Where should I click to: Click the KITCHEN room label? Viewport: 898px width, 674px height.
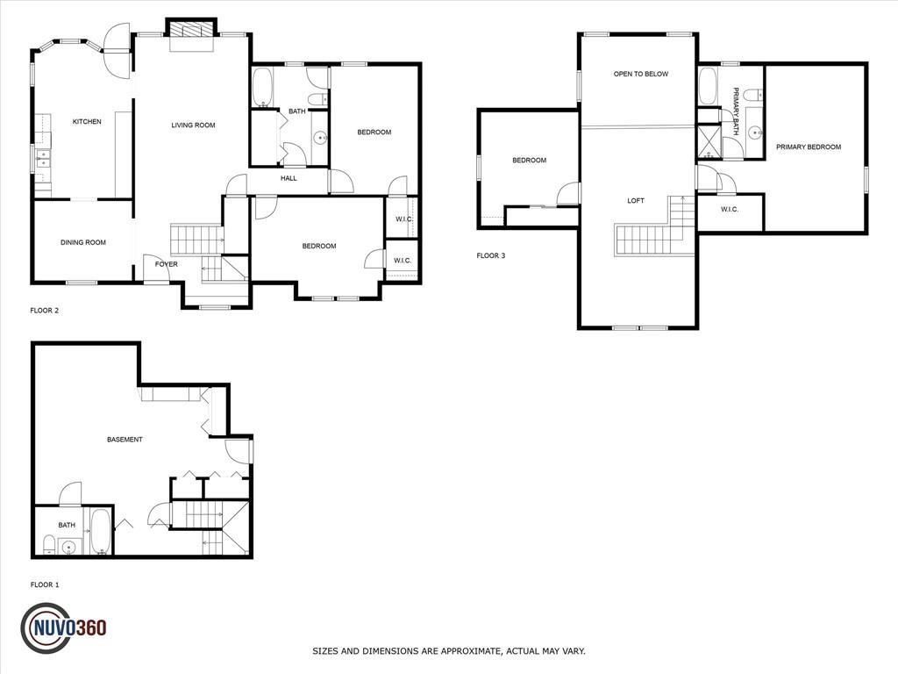pos(87,121)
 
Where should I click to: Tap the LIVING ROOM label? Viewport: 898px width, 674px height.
pos(193,125)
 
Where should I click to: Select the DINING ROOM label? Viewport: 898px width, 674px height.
pos(83,242)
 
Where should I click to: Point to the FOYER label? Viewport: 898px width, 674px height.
pos(166,264)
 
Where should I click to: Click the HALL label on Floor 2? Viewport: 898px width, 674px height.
pos(289,178)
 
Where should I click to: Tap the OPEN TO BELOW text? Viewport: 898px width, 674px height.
pos(641,74)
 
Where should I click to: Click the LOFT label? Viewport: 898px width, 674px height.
pos(636,201)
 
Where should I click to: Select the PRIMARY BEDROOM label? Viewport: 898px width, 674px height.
pos(809,147)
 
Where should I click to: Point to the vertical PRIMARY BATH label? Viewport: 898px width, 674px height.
pos(736,111)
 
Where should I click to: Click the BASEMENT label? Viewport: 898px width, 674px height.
pos(125,440)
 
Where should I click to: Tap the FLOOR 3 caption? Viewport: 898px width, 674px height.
pos(491,255)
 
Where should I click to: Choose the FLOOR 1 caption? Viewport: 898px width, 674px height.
pos(45,584)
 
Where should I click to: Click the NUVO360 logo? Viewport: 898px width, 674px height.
pos(63,628)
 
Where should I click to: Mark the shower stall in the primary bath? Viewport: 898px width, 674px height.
pos(709,141)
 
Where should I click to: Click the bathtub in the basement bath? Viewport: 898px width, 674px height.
pos(101,531)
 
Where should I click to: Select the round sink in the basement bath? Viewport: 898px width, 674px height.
pos(69,548)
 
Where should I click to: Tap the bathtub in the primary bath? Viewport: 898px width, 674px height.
pos(708,87)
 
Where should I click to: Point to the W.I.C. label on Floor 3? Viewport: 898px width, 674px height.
pos(729,209)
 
